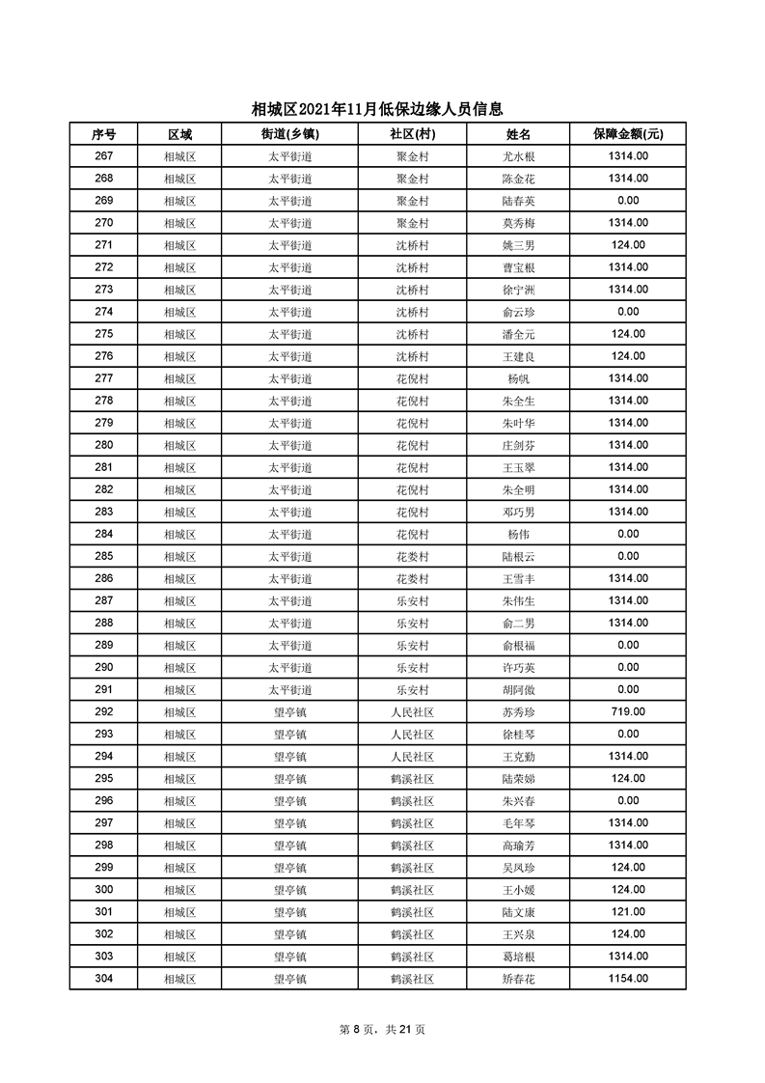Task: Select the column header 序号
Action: pyautogui.click(x=104, y=134)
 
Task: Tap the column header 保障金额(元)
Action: pyautogui.click(x=628, y=134)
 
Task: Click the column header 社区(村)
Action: pyautogui.click(x=412, y=134)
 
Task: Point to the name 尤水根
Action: pyautogui.click(x=519, y=156)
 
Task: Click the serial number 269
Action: pyautogui.click(x=104, y=201)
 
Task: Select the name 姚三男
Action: pyautogui.click(x=519, y=245)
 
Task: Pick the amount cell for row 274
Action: pyautogui.click(x=628, y=312)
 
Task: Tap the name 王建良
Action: pyautogui.click(x=519, y=356)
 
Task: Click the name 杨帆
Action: pyautogui.click(x=519, y=378)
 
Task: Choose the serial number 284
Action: pyautogui.click(x=104, y=534)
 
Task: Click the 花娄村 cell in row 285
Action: pyautogui.click(x=412, y=556)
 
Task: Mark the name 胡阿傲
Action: pyautogui.click(x=519, y=689)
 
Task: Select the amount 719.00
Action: pyautogui.click(x=628, y=711)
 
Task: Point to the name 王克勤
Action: pyautogui.click(x=519, y=756)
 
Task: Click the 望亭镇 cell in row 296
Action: pyautogui.click(x=289, y=800)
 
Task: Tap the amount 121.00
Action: pyautogui.click(x=628, y=911)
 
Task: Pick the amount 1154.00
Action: pyautogui.click(x=628, y=978)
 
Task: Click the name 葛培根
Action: pyautogui.click(x=519, y=956)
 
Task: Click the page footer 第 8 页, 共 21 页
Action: pyautogui.click(x=382, y=1029)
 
